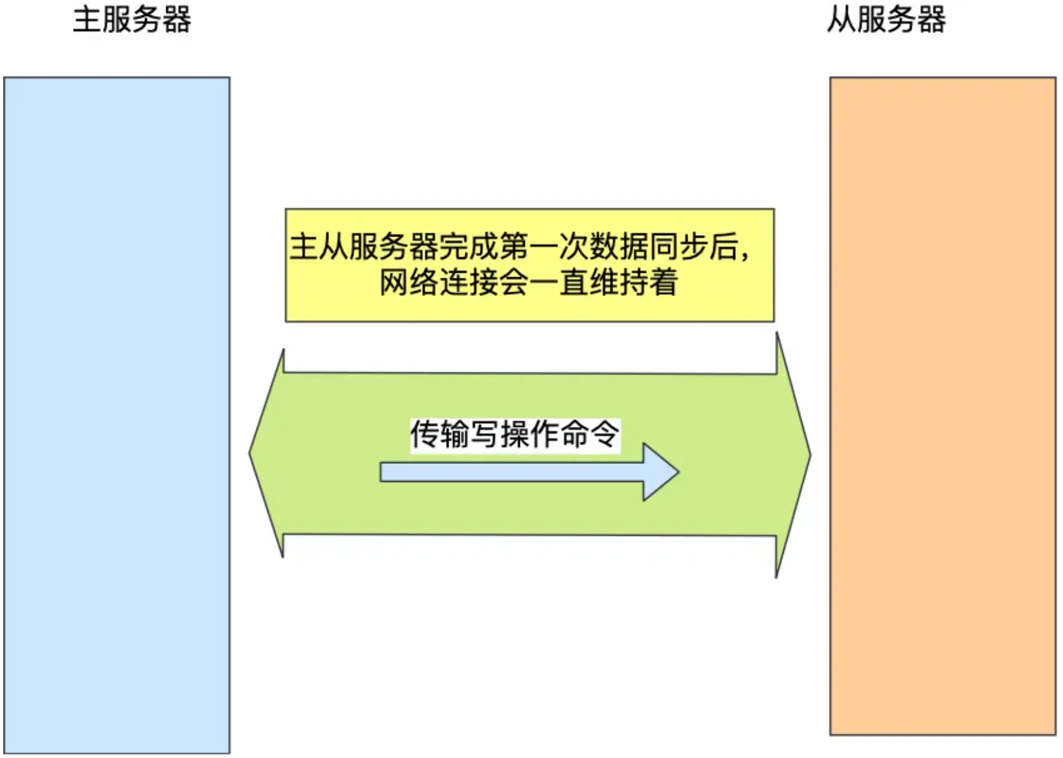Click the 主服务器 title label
(132, 19)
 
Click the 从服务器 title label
(886, 19)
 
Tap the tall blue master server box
(117, 415)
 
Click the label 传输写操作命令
(515, 434)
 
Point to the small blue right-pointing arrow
(518, 472)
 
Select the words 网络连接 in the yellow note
(439, 282)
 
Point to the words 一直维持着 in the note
(603, 282)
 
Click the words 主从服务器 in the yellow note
(363, 247)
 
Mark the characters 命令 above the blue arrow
(589, 434)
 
